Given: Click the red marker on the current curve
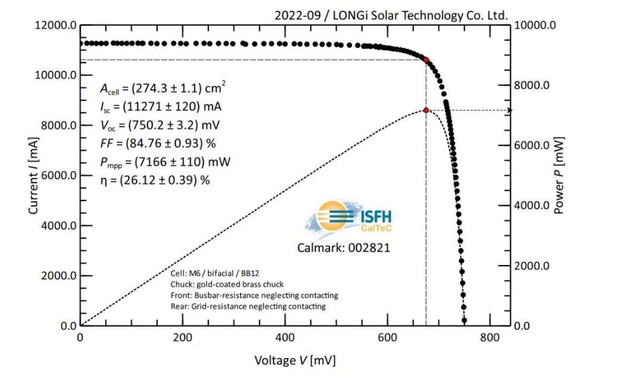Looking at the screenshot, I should tap(426, 60).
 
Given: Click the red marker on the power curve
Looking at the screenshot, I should tap(426, 110).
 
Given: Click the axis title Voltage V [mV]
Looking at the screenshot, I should tap(295, 360).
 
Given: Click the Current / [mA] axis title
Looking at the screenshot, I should tap(33, 176).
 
